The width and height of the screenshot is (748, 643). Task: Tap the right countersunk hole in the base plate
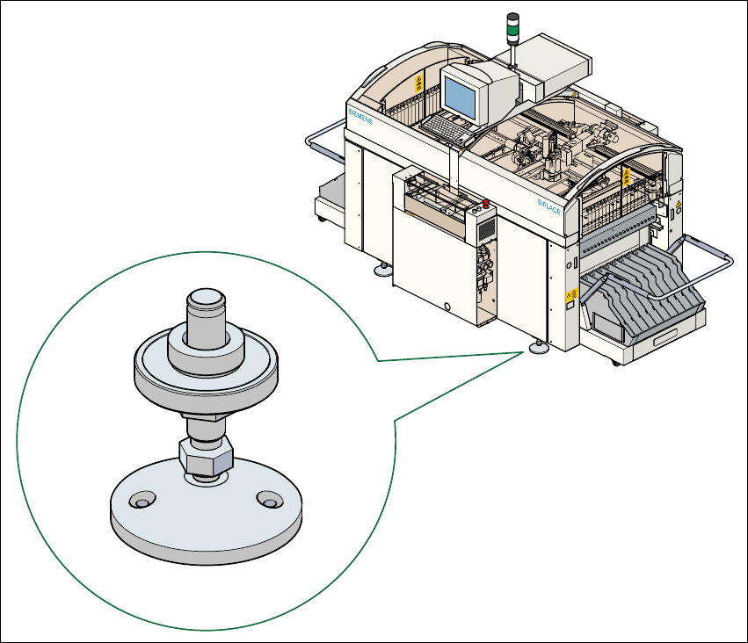coord(267,501)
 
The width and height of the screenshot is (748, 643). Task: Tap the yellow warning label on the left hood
coord(418,84)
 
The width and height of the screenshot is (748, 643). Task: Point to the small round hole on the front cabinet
coord(447,307)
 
